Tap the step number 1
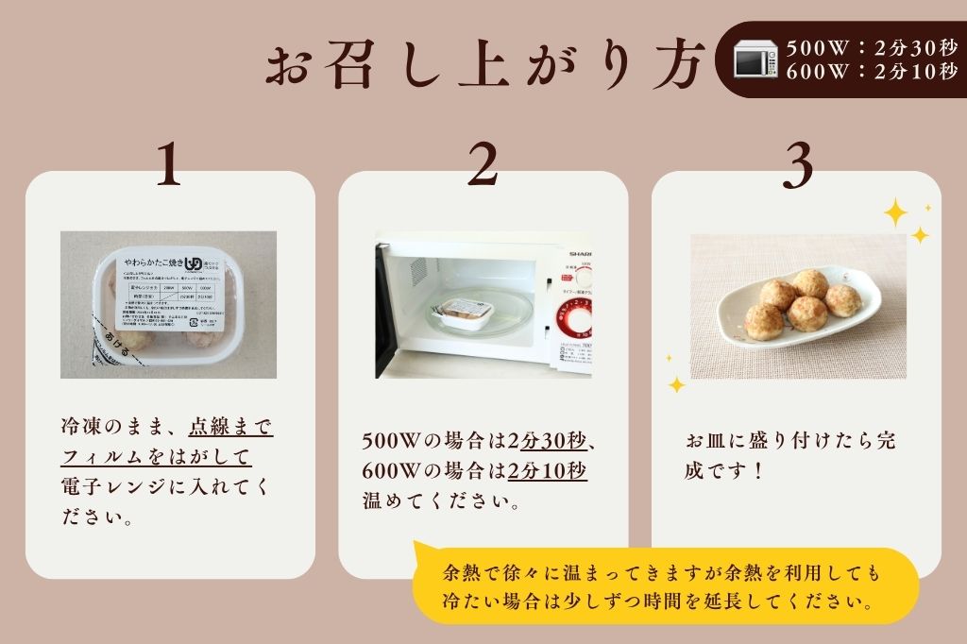(x=169, y=166)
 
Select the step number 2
(x=483, y=166)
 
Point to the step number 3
(x=798, y=166)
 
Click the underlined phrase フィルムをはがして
(x=157, y=456)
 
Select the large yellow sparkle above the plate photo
(x=895, y=212)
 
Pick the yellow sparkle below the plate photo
(x=676, y=383)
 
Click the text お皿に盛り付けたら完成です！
(x=789, y=455)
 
